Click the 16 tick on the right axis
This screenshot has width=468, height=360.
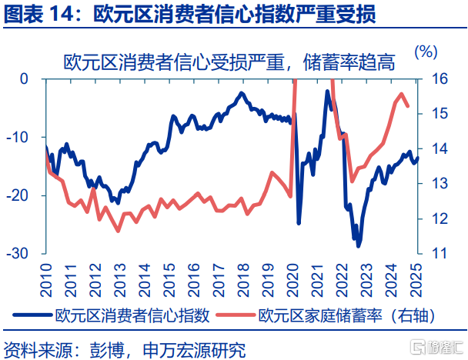(x=439, y=78)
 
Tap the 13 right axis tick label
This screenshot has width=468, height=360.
(x=439, y=183)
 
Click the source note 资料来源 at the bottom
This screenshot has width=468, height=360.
(x=35, y=348)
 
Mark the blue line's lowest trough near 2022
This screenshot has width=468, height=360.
(x=358, y=245)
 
